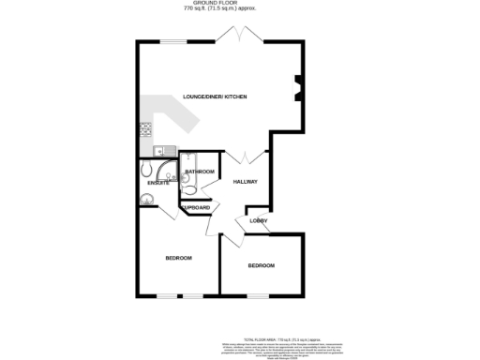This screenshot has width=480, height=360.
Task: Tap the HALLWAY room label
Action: pyautogui.click(x=246, y=181)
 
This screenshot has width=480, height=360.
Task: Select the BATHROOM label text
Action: pyautogui.click(x=200, y=172)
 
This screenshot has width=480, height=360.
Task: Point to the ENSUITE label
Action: pyautogui.click(x=157, y=183)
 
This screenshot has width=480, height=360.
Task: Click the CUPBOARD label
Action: pyautogui.click(x=196, y=207)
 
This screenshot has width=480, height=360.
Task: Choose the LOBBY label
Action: pyautogui.click(x=259, y=221)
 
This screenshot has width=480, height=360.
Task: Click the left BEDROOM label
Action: pyautogui.click(x=178, y=258)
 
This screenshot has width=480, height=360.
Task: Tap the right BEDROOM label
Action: pyautogui.click(x=262, y=266)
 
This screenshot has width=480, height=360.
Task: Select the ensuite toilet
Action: pyautogui.click(x=147, y=169)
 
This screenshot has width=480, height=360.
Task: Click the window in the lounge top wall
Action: pyautogui.click(x=175, y=41)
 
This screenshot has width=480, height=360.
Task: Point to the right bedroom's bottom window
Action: pyautogui.click(x=256, y=297)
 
